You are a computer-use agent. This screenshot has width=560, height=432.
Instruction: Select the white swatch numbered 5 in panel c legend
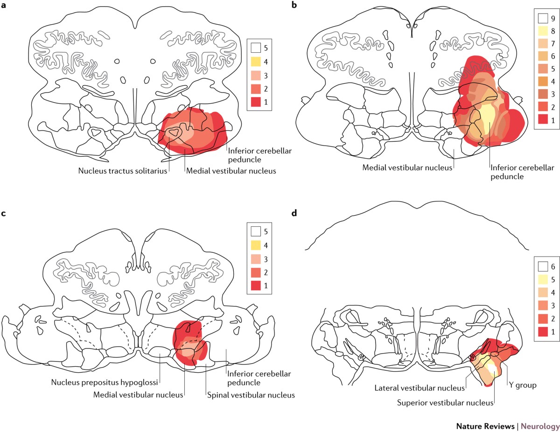[x=255, y=231]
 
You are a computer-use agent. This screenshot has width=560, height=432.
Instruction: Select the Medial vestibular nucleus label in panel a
[x=231, y=171]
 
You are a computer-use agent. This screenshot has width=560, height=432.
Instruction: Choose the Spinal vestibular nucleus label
[x=251, y=395]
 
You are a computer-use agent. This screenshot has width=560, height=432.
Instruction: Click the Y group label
[x=523, y=386]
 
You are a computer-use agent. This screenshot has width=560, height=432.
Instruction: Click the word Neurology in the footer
[x=540, y=426]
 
